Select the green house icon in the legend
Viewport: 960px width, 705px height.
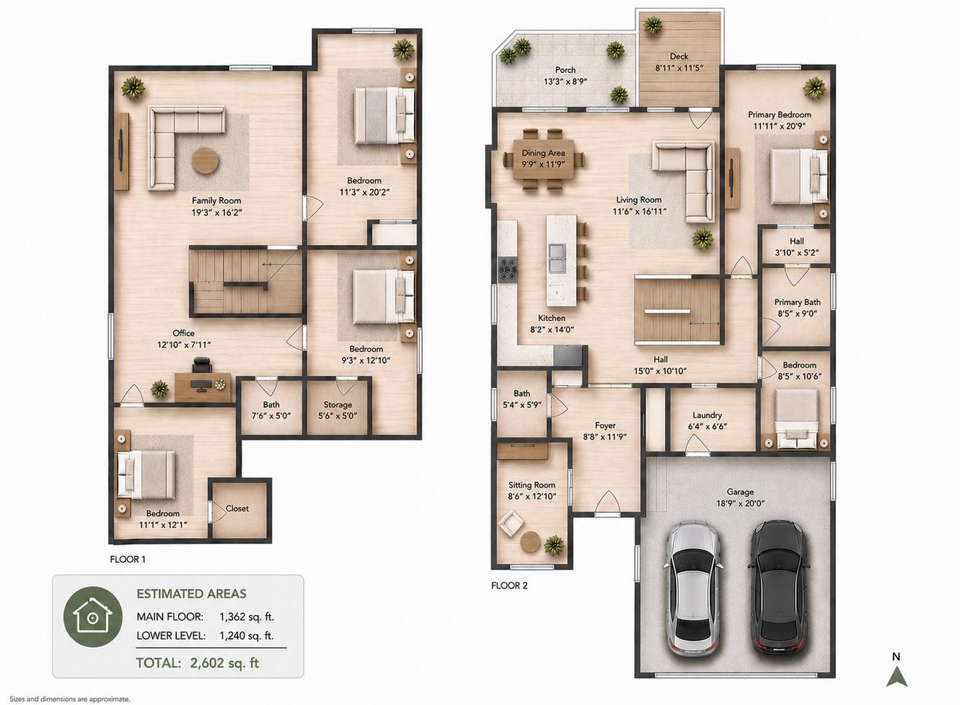[93, 616]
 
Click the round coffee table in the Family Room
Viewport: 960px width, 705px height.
[206, 161]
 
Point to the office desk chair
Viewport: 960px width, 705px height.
[202, 366]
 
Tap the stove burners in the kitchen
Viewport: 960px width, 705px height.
[508, 270]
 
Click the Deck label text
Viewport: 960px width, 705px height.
[679, 56]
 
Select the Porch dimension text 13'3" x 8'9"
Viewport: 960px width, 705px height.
[566, 81]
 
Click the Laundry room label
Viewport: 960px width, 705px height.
[707, 415]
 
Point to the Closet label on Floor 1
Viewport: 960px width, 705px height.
[237, 508]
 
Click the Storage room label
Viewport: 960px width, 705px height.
[337, 404]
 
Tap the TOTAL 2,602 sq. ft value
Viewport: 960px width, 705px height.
[198, 663]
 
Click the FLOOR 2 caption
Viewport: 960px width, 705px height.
[509, 586]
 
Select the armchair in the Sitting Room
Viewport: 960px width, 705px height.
[511, 524]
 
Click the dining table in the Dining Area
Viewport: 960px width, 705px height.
[543, 158]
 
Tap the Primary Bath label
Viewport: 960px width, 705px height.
[797, 302]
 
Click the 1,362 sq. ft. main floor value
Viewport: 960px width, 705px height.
[246, 616]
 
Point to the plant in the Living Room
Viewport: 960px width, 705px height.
[702, 238]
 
